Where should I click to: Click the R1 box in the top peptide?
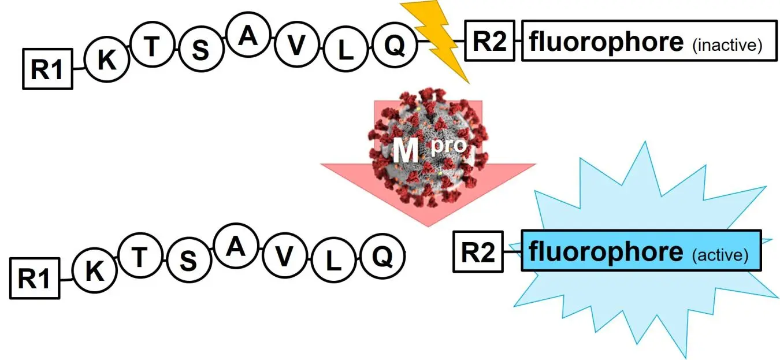47,69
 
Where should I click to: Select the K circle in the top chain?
106,60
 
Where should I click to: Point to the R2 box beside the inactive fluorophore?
489,41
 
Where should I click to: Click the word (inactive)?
727,45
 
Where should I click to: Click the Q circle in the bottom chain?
381,257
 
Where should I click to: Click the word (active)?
720,255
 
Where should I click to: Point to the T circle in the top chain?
151,47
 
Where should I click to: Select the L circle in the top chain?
345,51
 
